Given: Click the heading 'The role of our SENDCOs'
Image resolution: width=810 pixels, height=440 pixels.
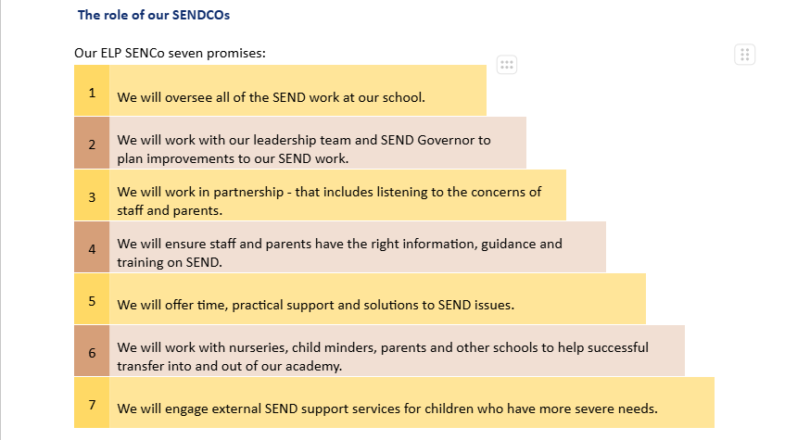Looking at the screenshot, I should pos(153,15).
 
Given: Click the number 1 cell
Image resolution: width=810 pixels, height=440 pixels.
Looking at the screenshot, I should pos(92,92).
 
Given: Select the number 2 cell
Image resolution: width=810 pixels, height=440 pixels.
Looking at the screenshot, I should pos(92,144).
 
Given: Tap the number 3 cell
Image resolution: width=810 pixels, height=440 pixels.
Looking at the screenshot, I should pos(92,196).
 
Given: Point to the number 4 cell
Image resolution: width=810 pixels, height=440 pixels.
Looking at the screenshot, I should pos(92,248).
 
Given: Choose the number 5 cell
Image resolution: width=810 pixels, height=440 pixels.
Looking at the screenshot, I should pos(92,300).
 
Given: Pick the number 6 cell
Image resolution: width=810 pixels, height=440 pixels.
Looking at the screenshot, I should pos(92,352).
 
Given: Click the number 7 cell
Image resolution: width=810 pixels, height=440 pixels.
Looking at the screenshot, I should pos(92,404).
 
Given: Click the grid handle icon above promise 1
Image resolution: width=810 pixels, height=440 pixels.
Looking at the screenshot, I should pos(506,64).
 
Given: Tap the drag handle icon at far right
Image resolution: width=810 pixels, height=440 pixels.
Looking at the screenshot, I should pos(745,55).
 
